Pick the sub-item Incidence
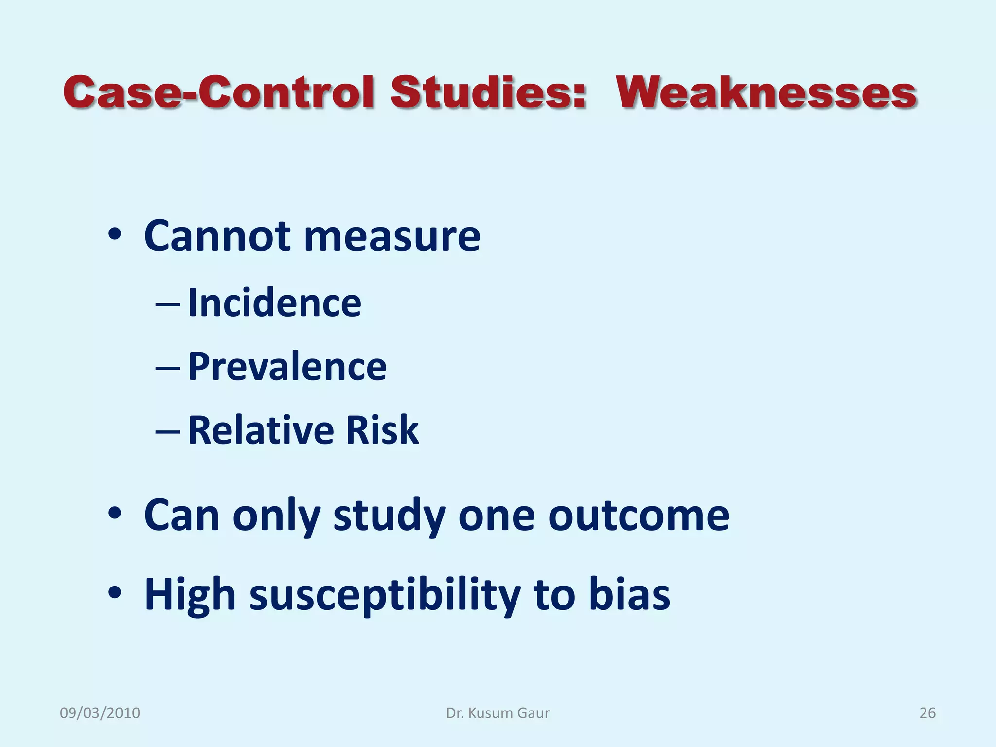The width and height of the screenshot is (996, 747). [x=274, y=303]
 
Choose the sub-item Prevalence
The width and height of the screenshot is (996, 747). [x=287, y=367]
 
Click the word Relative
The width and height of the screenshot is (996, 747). [x=261, y=430]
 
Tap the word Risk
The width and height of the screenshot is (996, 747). [x=382, y=430]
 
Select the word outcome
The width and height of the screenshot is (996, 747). [x=638, y=516]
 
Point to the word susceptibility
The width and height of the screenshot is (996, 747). [x=384, y=596]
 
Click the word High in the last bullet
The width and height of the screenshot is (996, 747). [x=190, y=596]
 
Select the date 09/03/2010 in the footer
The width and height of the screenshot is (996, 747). [x=100, y=713]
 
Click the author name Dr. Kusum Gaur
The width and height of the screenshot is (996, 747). [x=498, y=713]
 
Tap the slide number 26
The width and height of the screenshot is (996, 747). [x=927, y=713]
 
